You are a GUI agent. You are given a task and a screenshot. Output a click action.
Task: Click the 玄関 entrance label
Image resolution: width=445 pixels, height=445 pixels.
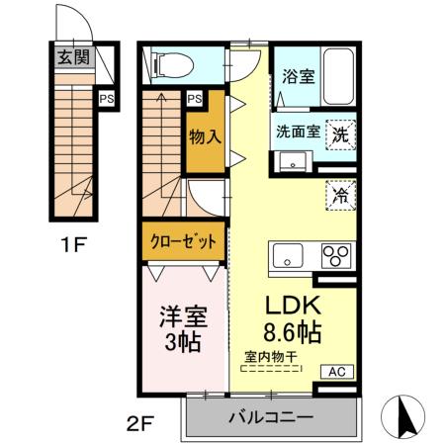(73, 57)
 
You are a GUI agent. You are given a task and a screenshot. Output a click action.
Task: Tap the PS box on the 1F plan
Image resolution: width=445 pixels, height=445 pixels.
(105, 98)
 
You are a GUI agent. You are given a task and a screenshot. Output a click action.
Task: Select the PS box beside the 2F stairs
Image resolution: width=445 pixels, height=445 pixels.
(194, 98)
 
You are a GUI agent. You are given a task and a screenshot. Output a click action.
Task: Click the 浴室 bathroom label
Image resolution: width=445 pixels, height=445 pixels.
(298, 76)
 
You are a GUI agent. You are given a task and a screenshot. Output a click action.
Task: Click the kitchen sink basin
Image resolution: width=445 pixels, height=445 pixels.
(286, 256)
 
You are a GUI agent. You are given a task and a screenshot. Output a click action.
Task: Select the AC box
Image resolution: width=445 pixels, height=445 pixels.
(336, 372)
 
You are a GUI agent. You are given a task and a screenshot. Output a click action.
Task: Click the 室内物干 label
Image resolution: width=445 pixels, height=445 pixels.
(273, 357)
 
